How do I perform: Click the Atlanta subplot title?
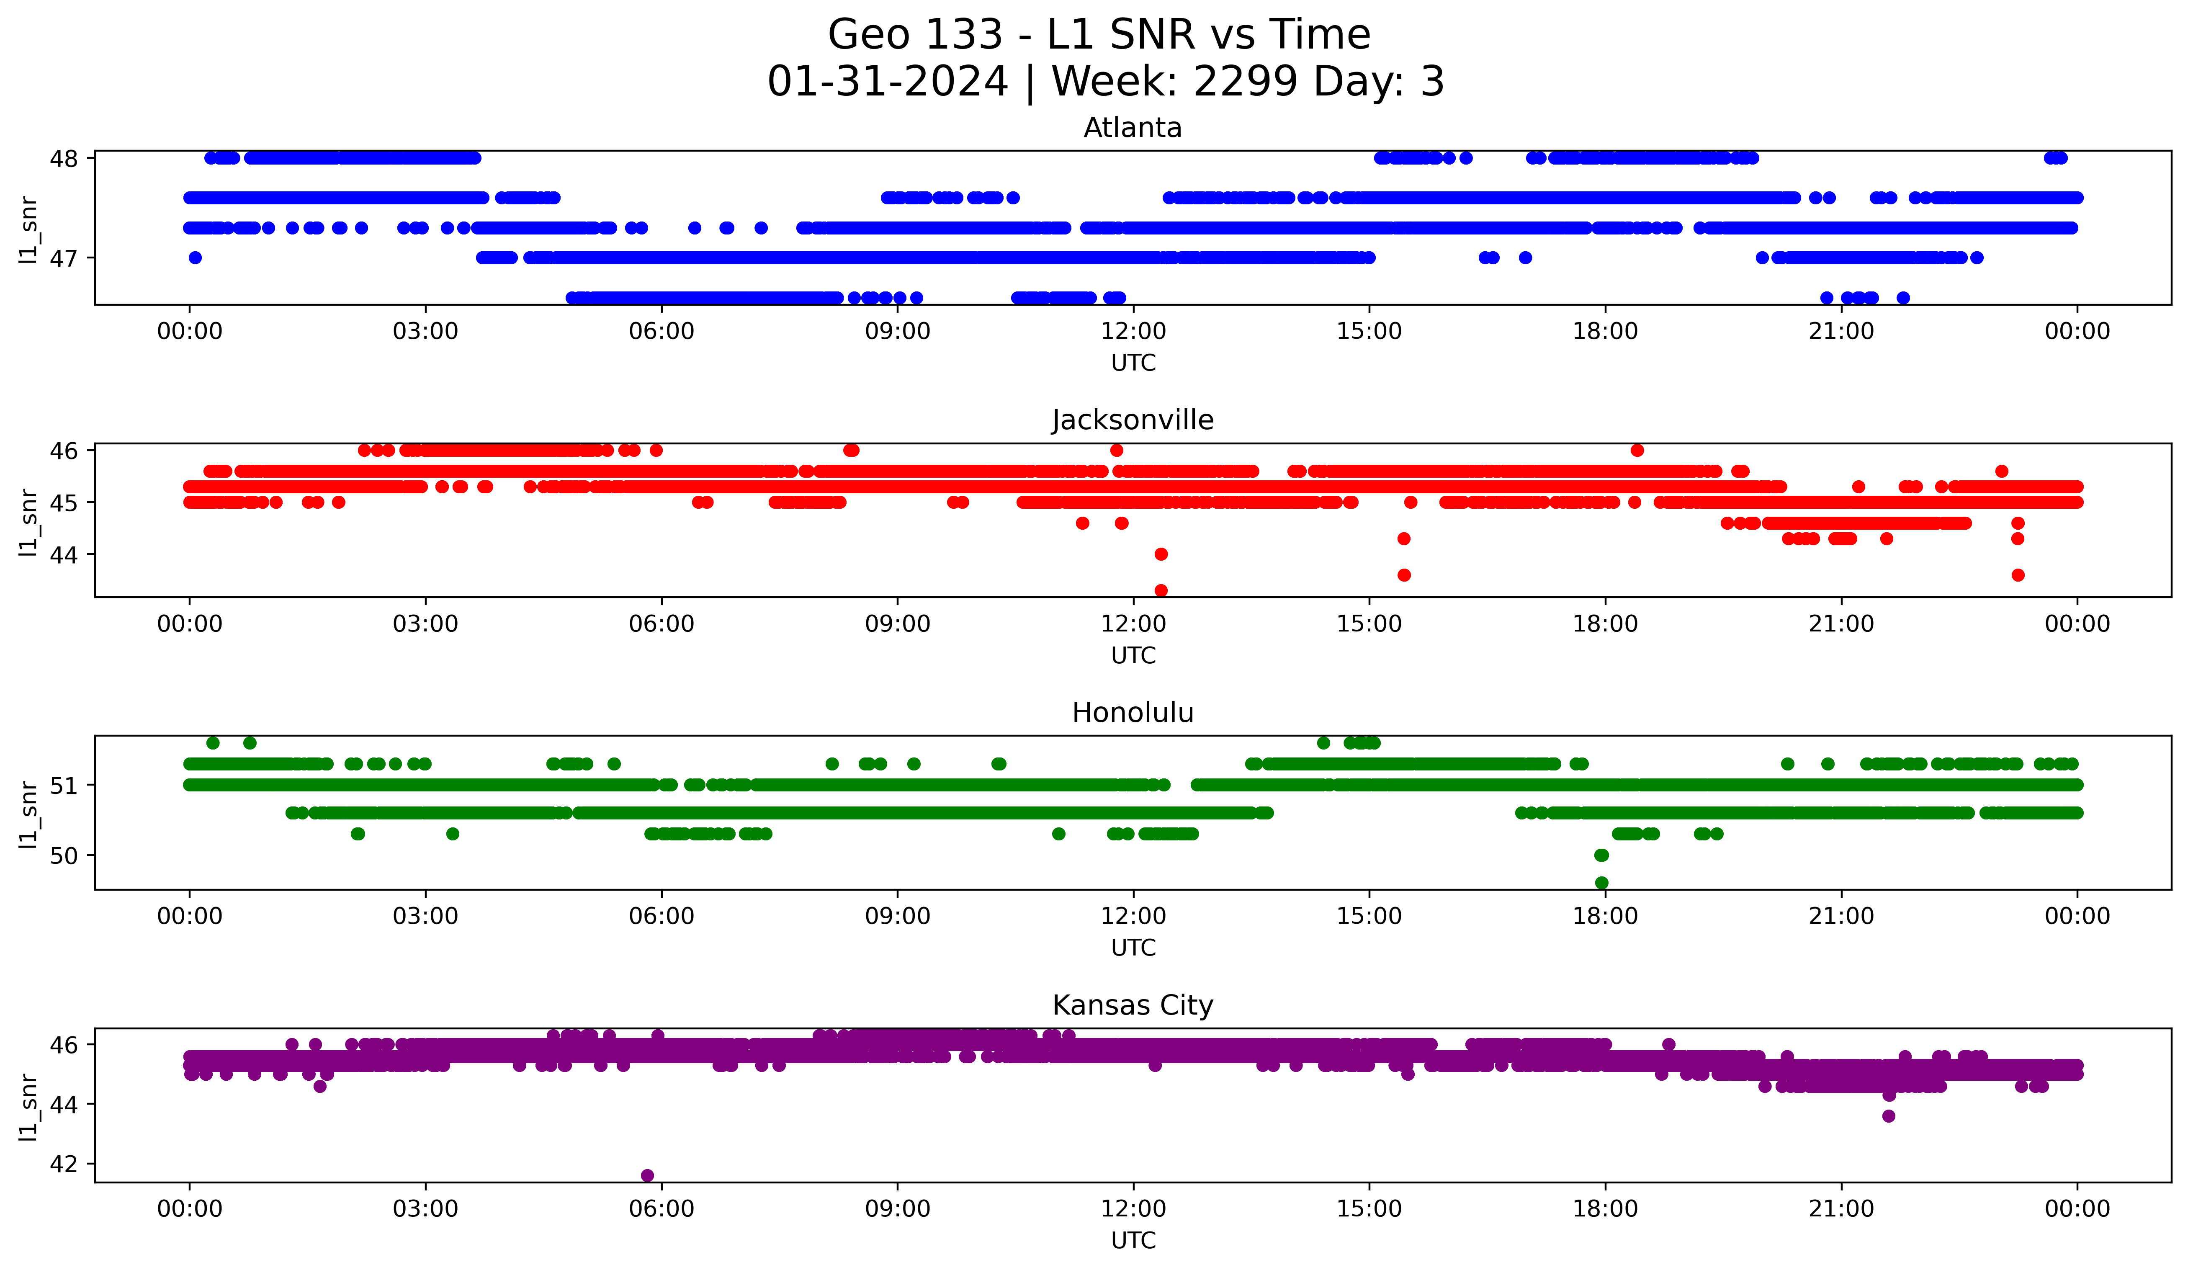(1132, 128)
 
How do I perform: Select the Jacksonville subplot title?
(1132, 420)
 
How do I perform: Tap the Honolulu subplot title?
(1132, 713)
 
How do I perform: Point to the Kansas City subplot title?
(1132, 1005)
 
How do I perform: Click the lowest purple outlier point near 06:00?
(647, 1175)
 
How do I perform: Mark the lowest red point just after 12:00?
(1161, 590)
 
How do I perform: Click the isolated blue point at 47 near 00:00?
(196, 258)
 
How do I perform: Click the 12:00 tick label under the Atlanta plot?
(1133, 332)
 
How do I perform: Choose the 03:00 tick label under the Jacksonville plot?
(425, 624)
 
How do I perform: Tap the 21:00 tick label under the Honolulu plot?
(1840, 917)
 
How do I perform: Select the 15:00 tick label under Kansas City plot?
(1369, 1209)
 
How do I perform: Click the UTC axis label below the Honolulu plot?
(1133, 948)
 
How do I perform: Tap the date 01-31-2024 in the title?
(887, 82)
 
